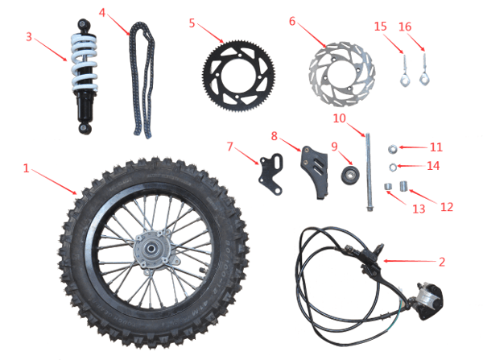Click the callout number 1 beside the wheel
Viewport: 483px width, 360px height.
coord(27,169)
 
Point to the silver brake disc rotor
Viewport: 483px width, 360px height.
coord(341,74)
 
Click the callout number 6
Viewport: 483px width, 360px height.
coord(292,20)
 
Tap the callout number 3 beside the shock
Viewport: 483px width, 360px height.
coord(30,36)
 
